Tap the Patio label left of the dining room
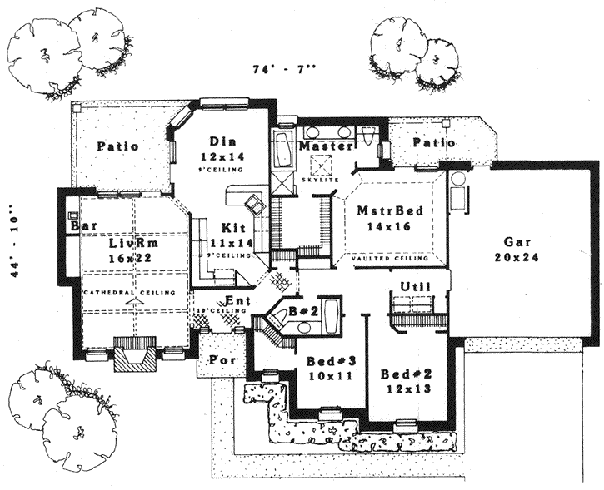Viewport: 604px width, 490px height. pyautogui.click(x=117, y=146)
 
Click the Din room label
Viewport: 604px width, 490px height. pyautogui.click(x=220, y=141)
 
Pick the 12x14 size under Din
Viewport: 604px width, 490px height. pyautogui.click(x=221, y=156)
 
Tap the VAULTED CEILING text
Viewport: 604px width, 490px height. pyautogui.click(x=391, y=259)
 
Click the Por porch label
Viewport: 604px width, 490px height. pyautogui.click(x=221, y=362)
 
